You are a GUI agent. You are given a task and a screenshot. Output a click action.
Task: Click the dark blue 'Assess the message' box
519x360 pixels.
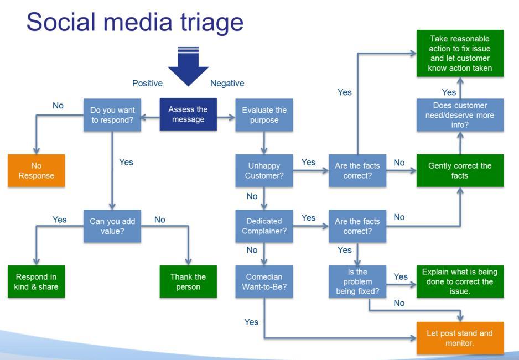pos(188,114)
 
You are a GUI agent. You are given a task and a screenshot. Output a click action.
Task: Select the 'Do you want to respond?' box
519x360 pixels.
pos(112,114)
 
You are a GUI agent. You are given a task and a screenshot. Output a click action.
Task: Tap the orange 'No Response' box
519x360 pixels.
pos(36,170)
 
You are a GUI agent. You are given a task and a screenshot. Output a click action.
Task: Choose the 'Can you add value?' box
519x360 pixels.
pos(112,226)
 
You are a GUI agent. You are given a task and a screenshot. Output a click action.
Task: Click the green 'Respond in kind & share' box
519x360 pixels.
pos(36,281)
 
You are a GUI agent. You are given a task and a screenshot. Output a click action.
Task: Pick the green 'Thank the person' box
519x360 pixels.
pos(188,281)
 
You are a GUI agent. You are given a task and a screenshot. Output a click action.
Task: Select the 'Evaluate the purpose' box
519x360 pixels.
pos(264,114)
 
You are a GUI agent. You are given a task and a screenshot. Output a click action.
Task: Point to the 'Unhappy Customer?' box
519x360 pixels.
pos(264,170)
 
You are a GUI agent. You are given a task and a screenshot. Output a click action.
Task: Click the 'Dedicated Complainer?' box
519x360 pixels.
pos(264,226)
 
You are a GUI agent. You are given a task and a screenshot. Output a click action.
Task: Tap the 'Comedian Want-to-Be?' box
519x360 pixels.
pos(264,281)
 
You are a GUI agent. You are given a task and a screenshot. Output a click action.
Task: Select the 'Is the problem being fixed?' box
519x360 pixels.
pos(357,281)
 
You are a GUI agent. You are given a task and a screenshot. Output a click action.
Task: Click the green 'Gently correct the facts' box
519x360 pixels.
pos(460,170)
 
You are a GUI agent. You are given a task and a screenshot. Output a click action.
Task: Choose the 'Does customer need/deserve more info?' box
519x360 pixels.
pos(460,115)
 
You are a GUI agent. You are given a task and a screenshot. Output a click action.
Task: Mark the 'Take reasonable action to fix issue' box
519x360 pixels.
pos(460,53)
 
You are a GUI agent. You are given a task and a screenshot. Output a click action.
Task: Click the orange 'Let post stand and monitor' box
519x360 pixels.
pos(460,338)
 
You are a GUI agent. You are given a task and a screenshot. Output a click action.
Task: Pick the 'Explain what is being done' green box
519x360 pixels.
pos(460,281)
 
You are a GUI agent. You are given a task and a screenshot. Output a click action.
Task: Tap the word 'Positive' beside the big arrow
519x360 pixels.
pos(147,83)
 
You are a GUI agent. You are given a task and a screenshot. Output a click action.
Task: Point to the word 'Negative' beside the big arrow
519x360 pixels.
pos(227,83)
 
